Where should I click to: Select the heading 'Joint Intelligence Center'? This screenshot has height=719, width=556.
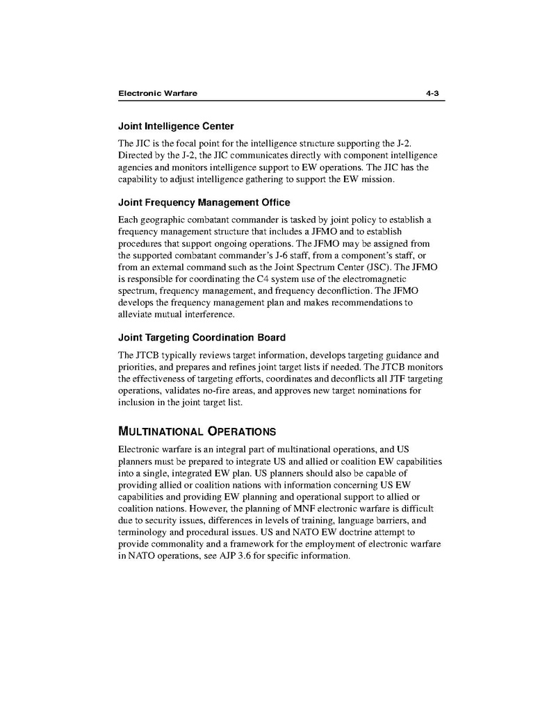click(x=176, y=126)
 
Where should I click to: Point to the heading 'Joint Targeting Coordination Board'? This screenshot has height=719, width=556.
click(x=202, y=338)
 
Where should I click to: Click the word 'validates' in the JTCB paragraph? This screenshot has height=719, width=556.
click(x=181, y=391)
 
